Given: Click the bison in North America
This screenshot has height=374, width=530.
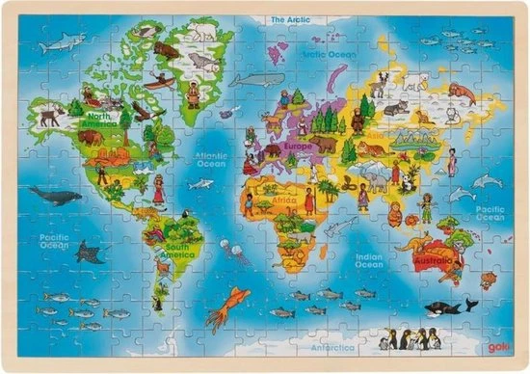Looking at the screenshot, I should coord(90,137).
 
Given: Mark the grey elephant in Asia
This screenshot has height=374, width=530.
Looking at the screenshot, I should coord(377,178).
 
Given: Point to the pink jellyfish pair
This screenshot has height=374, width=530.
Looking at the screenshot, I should coord(234,253).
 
